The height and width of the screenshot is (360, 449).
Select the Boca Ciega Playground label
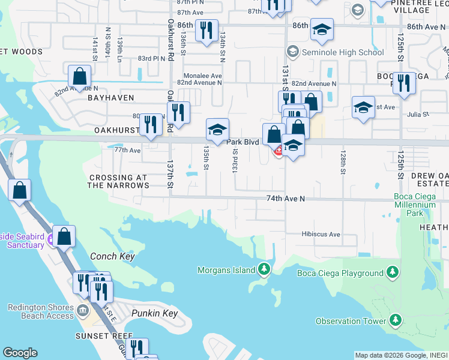[340, 274]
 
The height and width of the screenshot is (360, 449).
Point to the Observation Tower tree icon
[396, 320]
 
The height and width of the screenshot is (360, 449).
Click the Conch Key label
[112, 257]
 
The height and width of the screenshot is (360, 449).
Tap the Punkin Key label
[154, 314]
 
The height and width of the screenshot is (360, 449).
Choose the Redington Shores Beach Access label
[40, 311]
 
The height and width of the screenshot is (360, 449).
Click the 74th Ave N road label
[286, 198]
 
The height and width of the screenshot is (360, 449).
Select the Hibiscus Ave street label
[321, 235]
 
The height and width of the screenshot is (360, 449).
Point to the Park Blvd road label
[243, 142]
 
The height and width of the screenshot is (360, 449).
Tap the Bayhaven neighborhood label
[110, 97]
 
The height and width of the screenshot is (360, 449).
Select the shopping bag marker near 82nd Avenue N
[79, 77]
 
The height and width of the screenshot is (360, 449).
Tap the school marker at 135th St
[217, 129]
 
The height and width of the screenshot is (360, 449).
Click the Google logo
[20, 353]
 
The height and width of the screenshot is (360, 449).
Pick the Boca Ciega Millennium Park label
[414, 205]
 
